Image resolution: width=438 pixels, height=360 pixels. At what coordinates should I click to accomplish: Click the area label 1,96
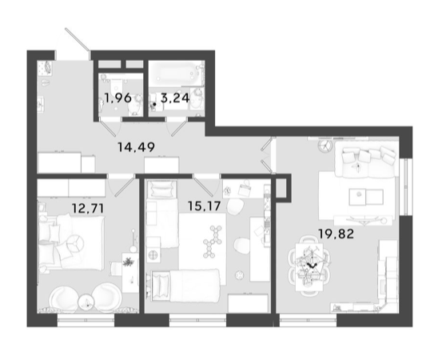(117, 98)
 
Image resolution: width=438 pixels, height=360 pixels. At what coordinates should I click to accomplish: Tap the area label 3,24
(175, 98)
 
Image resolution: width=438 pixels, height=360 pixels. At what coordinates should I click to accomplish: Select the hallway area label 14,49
(136, 147)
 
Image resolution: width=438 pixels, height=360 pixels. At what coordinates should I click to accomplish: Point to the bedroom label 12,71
(88, 208)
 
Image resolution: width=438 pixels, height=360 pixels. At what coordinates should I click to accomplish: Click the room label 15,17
(204, 206)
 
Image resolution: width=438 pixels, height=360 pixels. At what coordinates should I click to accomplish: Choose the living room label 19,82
(336, 234)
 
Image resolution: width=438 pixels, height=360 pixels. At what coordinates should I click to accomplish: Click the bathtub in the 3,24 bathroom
(175, 73)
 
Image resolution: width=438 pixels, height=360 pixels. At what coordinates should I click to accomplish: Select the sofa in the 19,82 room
(367, 159)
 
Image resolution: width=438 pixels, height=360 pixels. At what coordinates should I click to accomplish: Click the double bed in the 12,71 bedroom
(71, 242)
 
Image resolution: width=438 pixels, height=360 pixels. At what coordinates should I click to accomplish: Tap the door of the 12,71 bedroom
(125, 187)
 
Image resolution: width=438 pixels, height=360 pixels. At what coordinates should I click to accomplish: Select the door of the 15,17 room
(203, 187)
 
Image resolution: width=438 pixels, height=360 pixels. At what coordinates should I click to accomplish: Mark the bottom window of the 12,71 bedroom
(86, 320)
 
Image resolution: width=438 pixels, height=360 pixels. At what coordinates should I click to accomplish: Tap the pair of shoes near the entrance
(45, 82)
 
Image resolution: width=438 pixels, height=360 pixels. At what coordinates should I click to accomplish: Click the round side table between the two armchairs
(86, 302)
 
